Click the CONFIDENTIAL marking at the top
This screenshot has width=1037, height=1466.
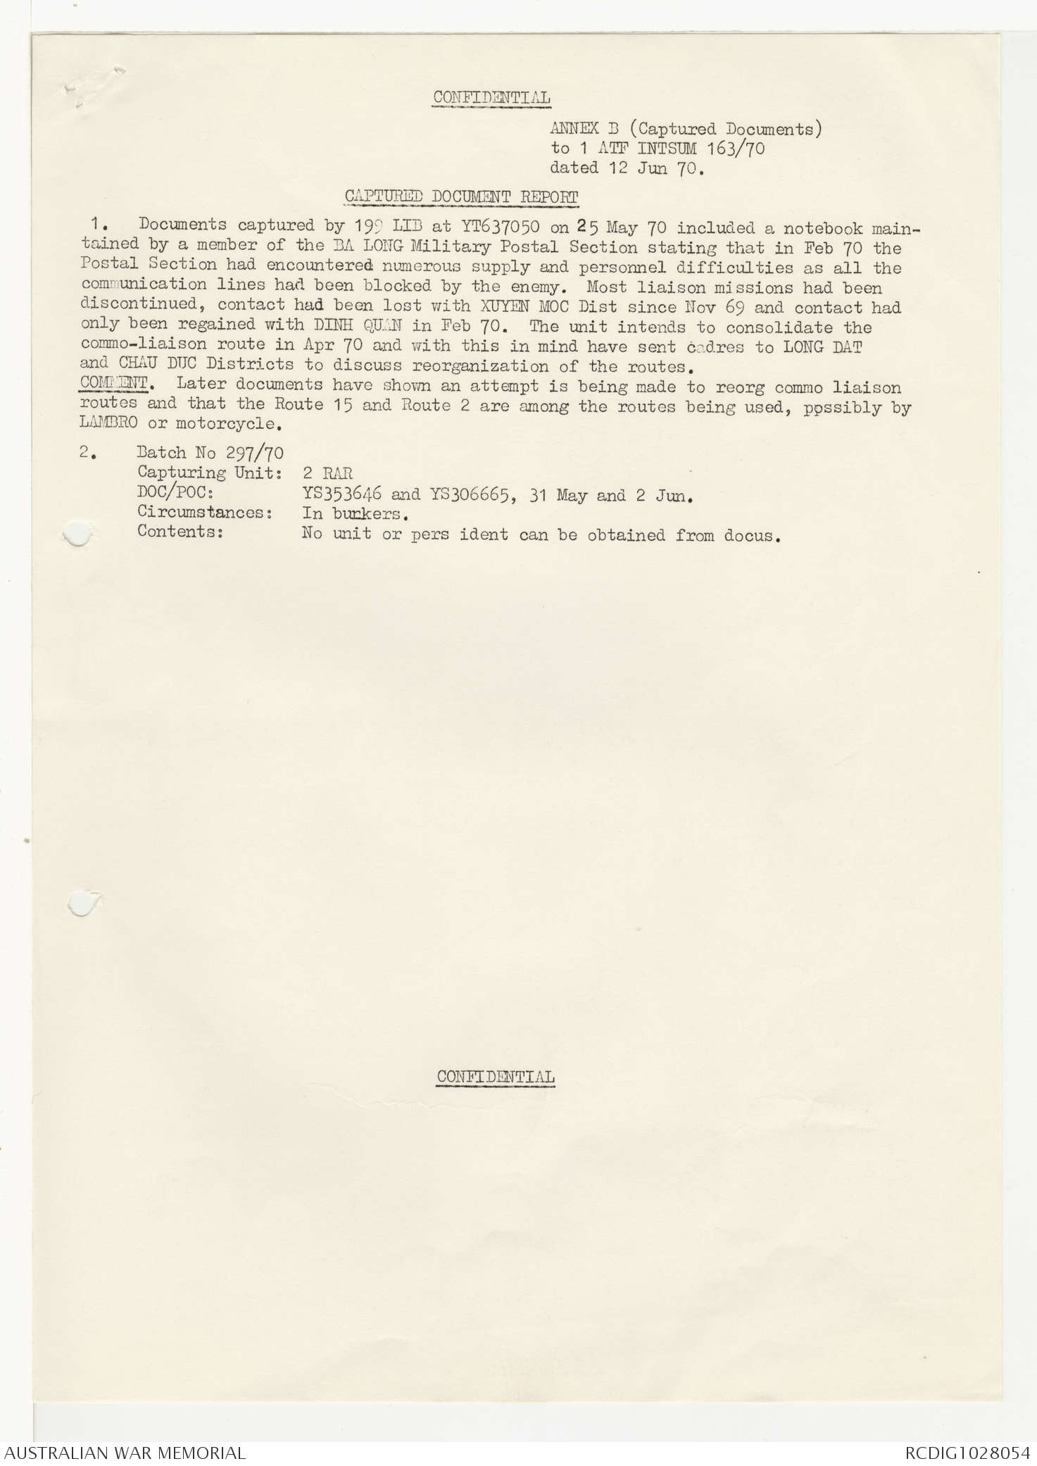pyautogui.click(x=491, y=98)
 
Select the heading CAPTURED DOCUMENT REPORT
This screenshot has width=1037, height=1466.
pyautogui.click(x=461, y=197)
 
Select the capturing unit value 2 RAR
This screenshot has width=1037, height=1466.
pyautogui.click(x=327, y=473)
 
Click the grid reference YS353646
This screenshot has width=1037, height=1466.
pyautogui.click(x=341, y=494)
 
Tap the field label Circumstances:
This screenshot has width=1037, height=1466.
pyautogui.click(x=205, y=513)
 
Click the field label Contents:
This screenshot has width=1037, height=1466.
pyautogui.click(x=180, y=532)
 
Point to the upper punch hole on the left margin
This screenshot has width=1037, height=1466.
pyautogui.click(x=78, y=534)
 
